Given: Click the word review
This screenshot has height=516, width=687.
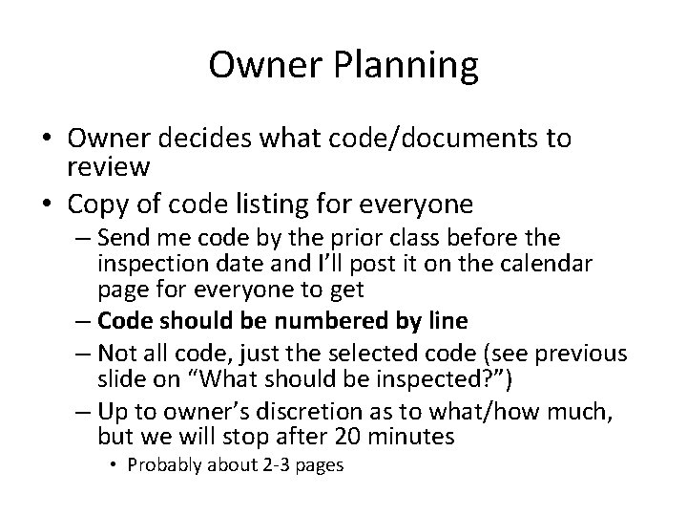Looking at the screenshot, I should click(108, 167).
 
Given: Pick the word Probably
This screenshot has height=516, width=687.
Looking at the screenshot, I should click(164, 465).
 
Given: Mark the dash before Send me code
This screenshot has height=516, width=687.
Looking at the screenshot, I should click(80, 237).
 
